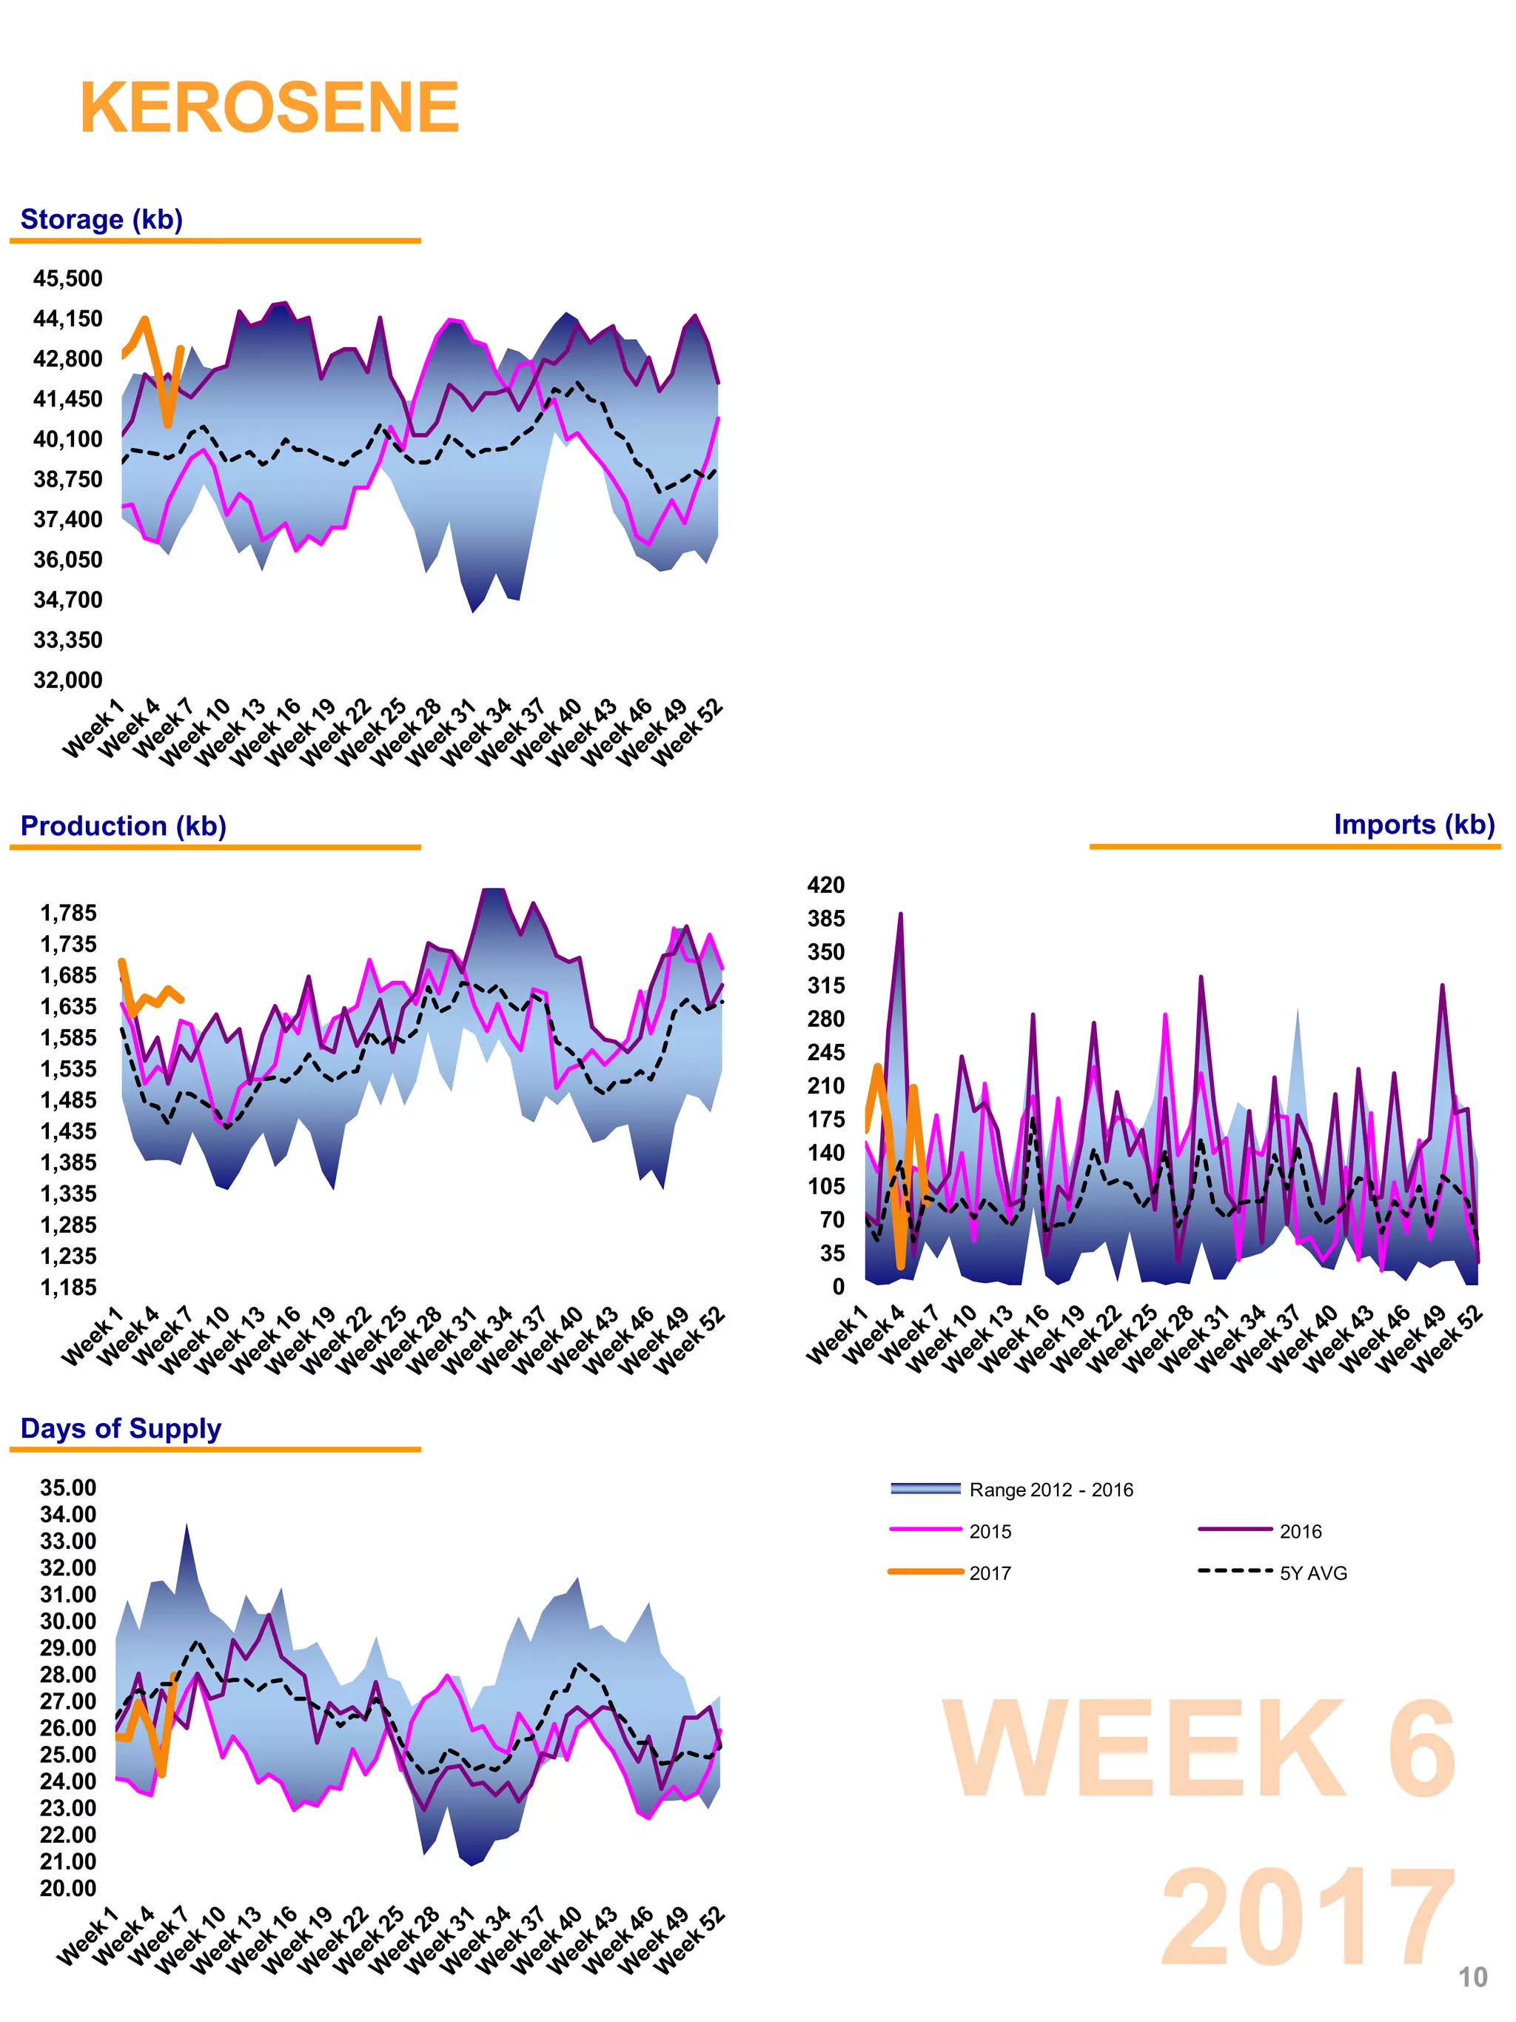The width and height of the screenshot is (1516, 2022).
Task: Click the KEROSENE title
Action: click(269, 108)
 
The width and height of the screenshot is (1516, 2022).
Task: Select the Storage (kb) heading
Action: click(101, 219)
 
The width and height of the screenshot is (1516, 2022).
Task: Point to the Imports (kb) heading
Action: click(1413, 825)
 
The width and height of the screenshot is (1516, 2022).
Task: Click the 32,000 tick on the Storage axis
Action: click(67, 680)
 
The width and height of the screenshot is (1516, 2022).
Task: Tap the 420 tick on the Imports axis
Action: click(825, 885)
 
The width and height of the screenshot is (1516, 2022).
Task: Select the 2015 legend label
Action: click(990, 1531)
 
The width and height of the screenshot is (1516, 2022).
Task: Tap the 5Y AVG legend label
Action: click(1312, 1573)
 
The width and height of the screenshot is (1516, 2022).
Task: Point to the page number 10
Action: click(1472, 1978)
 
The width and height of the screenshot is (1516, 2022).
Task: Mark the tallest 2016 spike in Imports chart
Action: click(900, 915)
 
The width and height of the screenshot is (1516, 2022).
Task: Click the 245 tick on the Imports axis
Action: click(825, 1052)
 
